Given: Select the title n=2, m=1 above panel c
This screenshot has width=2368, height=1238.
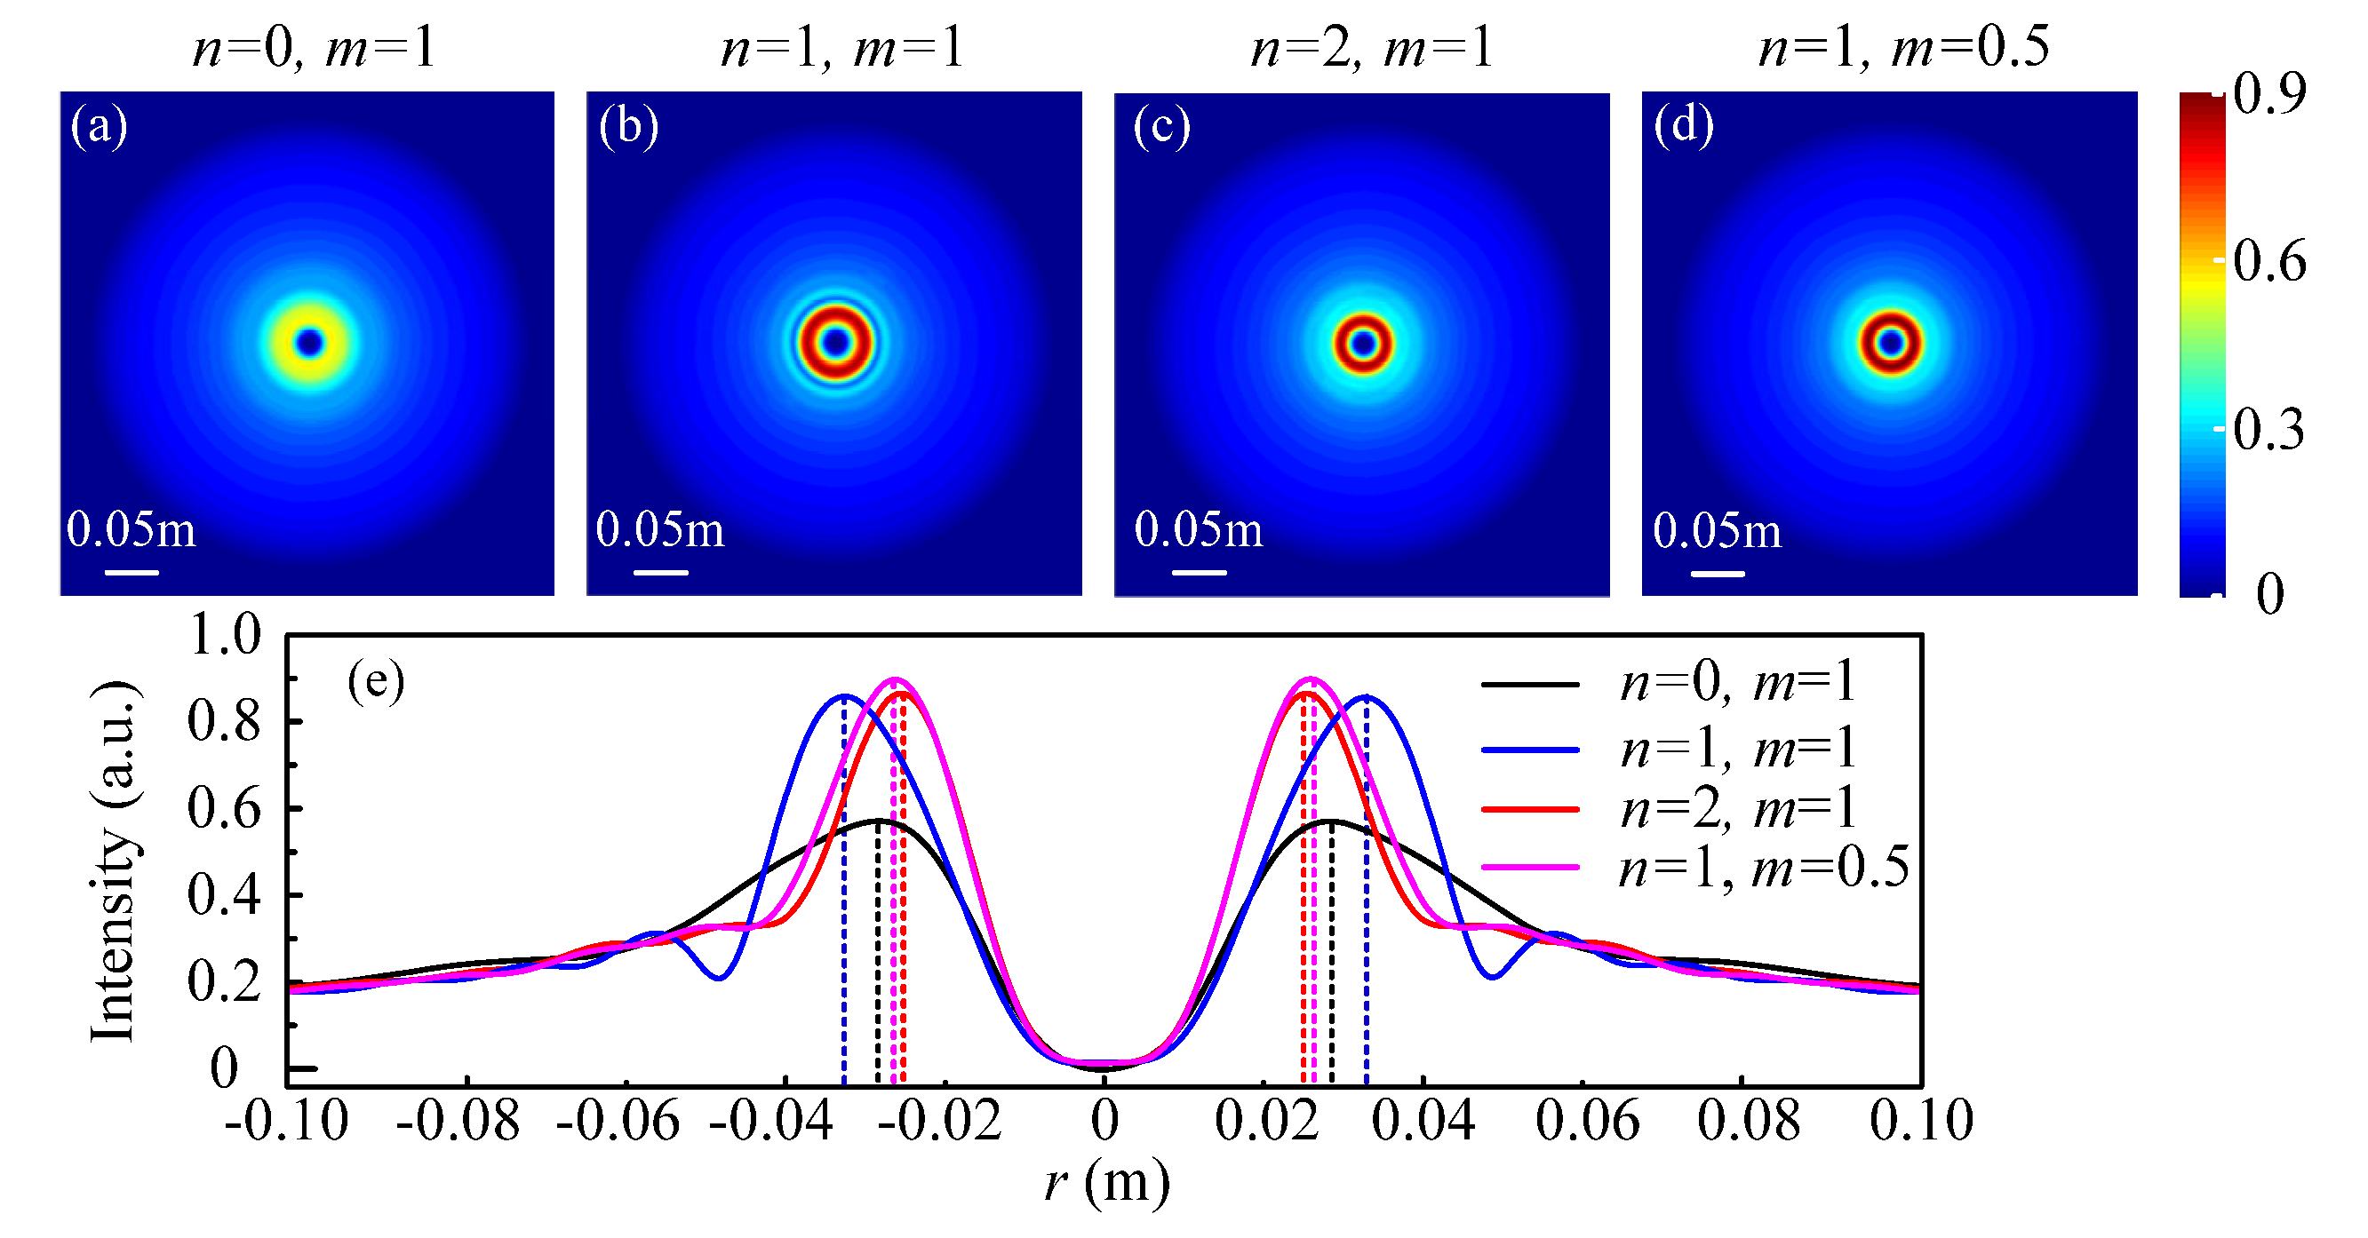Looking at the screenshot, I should tap(1372, 48).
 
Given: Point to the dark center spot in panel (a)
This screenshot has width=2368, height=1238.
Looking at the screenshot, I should tap(310, 343).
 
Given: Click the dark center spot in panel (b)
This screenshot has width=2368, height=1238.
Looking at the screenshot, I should tap(835, 343).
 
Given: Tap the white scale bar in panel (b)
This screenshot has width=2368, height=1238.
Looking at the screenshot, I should tap(660, 573).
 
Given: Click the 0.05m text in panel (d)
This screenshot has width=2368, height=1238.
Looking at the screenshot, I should tap(1717, 530).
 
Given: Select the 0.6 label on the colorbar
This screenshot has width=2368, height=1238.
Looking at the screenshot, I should tap(2268, 262).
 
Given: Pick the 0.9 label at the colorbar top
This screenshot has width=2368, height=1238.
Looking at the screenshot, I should tap(2268, 94).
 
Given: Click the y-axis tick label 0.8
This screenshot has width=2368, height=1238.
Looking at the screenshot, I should tap(224, 721).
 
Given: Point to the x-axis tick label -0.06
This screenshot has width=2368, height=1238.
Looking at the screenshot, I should tap(618, 1122).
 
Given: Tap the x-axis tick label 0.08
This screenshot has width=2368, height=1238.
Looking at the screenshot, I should tap(1748, 1122).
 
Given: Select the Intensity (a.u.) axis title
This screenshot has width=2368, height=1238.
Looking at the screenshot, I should tap(114, 861).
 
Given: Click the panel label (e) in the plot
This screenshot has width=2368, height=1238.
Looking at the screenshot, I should tap(375, 682).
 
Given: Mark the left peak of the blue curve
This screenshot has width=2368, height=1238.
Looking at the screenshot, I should tap(844, 696).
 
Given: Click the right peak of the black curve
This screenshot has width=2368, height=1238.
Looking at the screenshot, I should tap(1330, 820).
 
